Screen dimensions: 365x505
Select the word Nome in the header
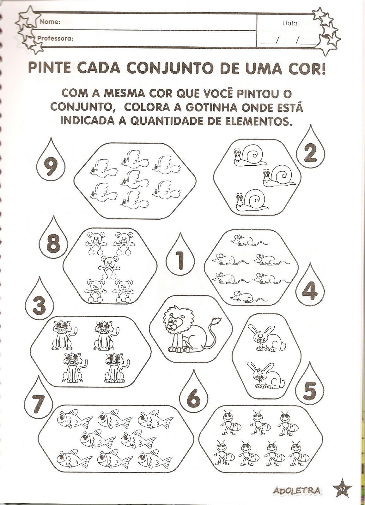[x=50, y=22]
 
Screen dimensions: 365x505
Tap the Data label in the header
[x=291, y=23]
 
